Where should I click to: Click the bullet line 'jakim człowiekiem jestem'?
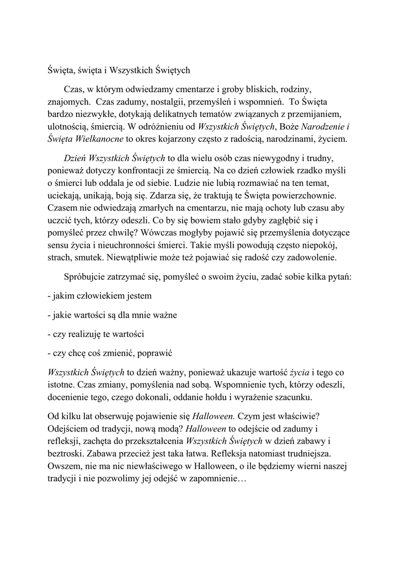tap(96, 296)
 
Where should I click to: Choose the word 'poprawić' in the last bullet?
tap(163, 353)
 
